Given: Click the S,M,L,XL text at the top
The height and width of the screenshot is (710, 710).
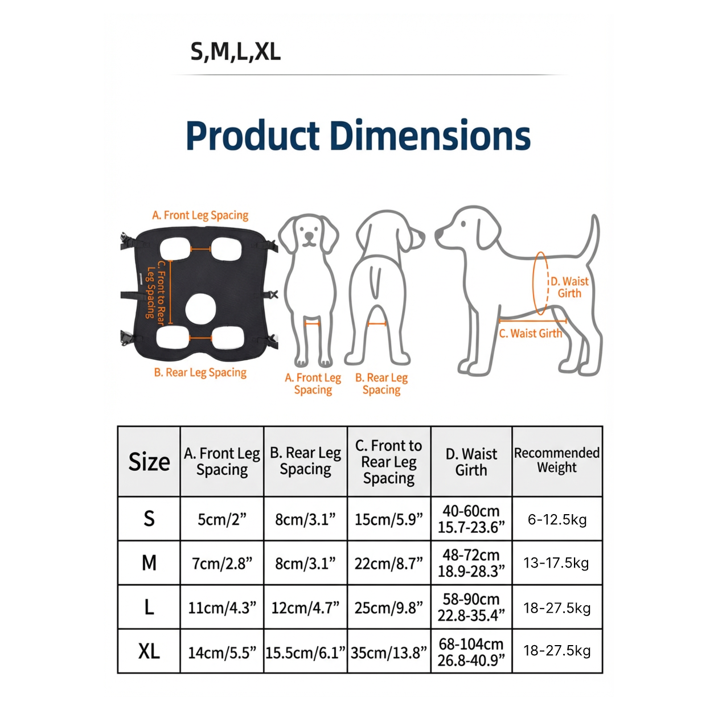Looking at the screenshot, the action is coord(236,52).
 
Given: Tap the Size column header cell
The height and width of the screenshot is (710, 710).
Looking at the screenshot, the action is coord(149,462).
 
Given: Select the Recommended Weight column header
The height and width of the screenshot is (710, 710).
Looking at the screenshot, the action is coord(557,461).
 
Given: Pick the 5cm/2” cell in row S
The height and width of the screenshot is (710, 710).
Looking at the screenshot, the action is coord(222,519).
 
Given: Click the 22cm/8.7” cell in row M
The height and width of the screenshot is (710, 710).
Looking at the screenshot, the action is coord(389,563).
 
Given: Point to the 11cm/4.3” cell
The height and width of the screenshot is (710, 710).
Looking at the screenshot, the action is coord(222,608).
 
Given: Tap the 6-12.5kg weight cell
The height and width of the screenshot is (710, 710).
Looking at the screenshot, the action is coord(557,519).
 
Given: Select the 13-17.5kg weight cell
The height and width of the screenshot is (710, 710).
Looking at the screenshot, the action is coord(556,563).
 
